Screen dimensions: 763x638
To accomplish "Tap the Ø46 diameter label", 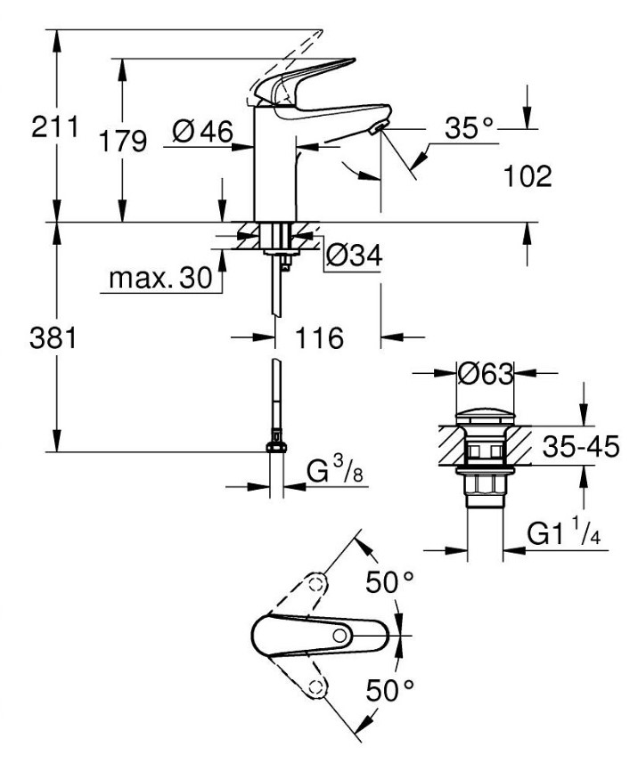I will (202, 132).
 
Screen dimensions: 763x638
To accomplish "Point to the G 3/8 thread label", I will (331, 472).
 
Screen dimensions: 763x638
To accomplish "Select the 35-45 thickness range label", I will (580, 447).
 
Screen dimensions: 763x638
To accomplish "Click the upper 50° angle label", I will (392, 583).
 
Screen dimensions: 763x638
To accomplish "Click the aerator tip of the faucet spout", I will (377, 131).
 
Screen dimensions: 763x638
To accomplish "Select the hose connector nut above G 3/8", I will (277, 441).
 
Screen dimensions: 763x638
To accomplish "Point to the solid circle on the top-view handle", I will (341, 636).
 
